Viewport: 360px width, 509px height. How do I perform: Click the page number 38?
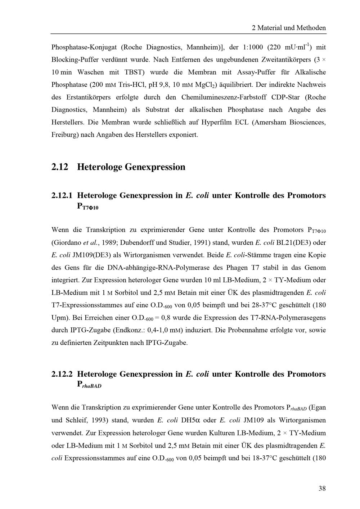point(322,488)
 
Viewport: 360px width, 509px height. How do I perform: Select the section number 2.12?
point(60,167)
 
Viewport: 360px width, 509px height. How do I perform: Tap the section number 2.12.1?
point(62,195)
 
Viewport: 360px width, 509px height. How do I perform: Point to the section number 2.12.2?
point(62,374)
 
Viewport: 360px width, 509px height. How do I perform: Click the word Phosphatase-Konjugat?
point(84,47)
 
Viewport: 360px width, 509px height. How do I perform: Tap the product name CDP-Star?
point(286,97)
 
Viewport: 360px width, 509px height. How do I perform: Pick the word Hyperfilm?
point(216,122)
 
